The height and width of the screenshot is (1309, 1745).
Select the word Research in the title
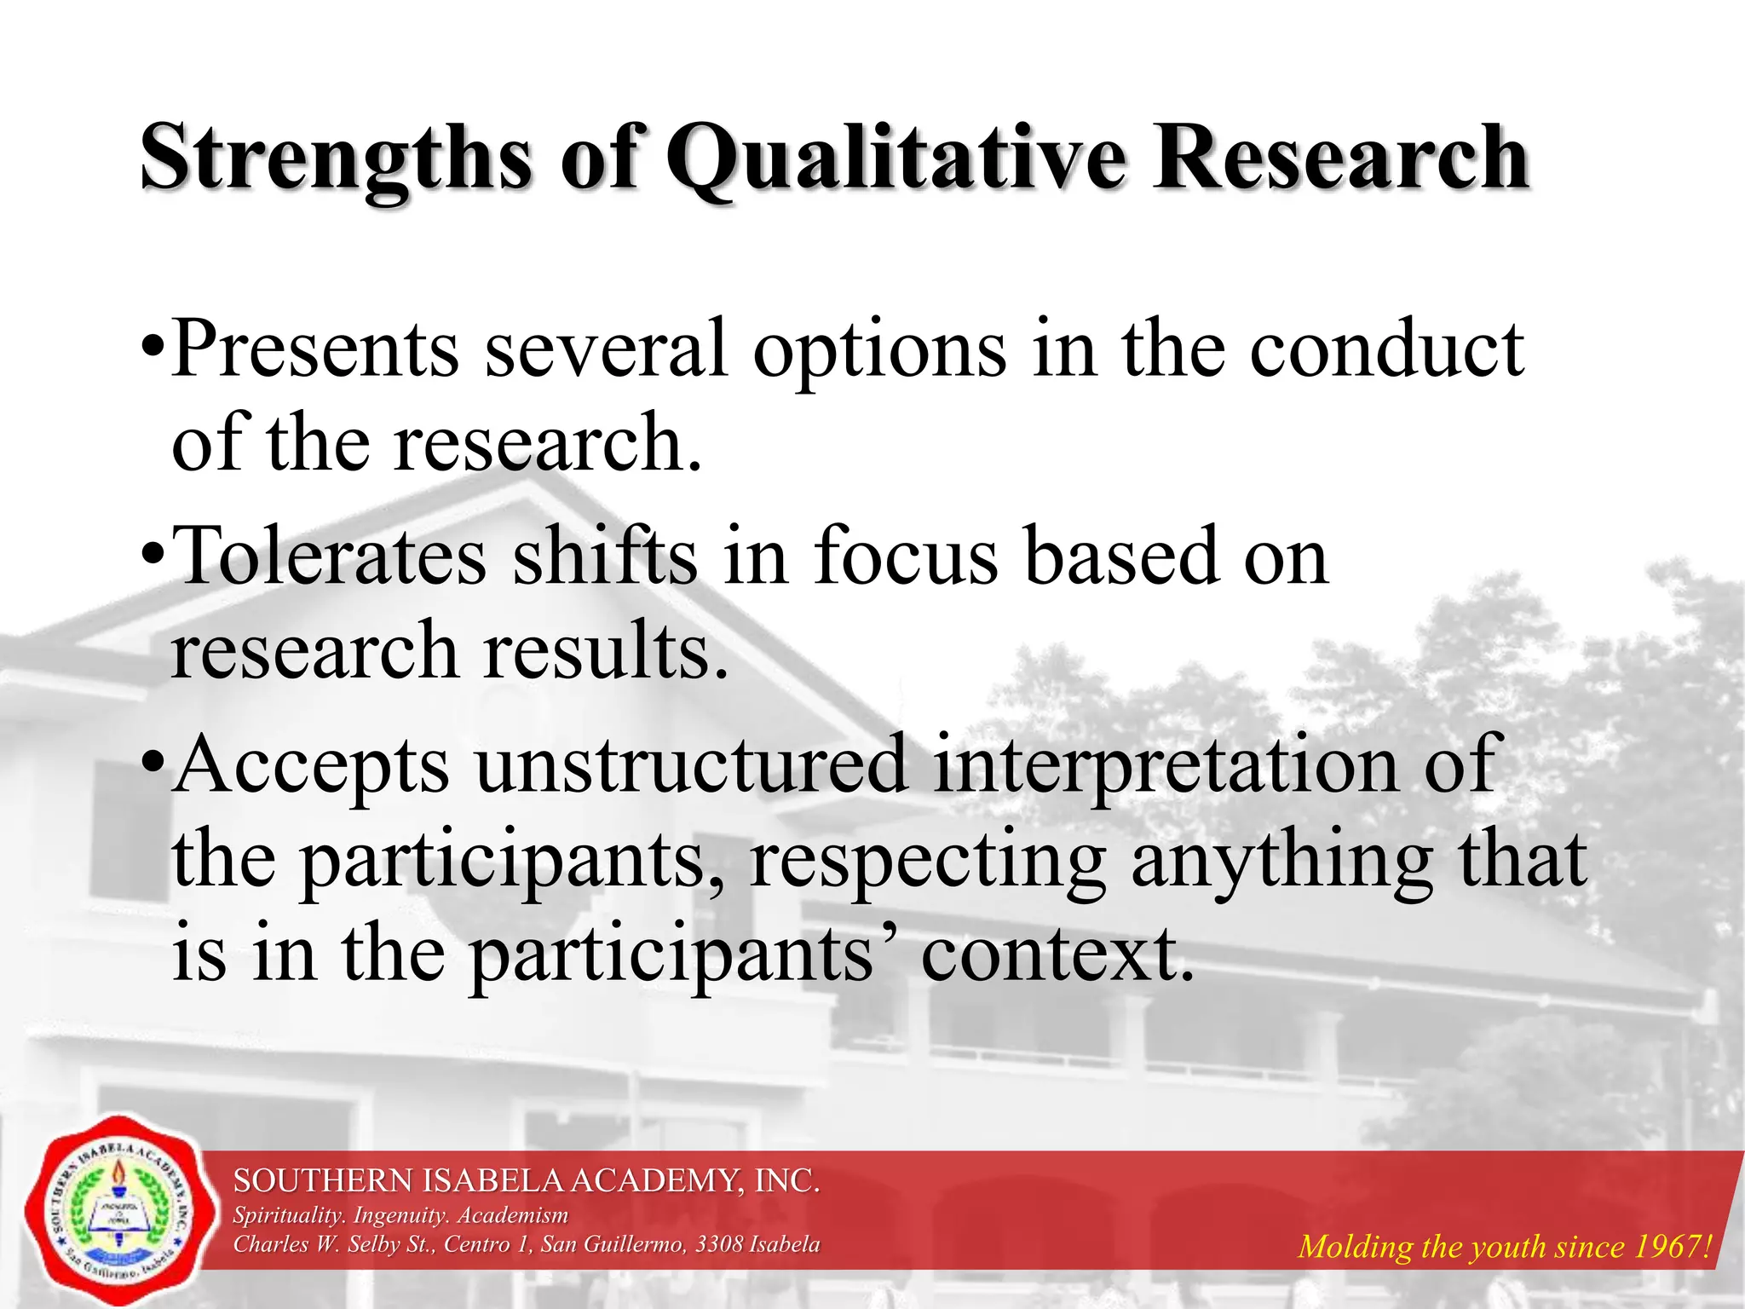pyautogui.click(x=1340, y=158)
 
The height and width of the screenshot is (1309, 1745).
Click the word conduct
pyautogui.click(x=1386, y=349)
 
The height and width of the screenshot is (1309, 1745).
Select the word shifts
pyautogui.click(x=605, y=556)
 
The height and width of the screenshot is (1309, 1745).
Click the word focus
pyautogui.click(x=906, y=556)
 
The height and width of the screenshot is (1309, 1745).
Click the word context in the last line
pyautogui.click(x=1057, y=954)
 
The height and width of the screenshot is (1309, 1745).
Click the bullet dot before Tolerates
pyautogui.click(x=153, y=556)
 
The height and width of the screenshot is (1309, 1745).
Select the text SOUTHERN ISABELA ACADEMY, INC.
pyautogui.click(x=527, y=1181)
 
